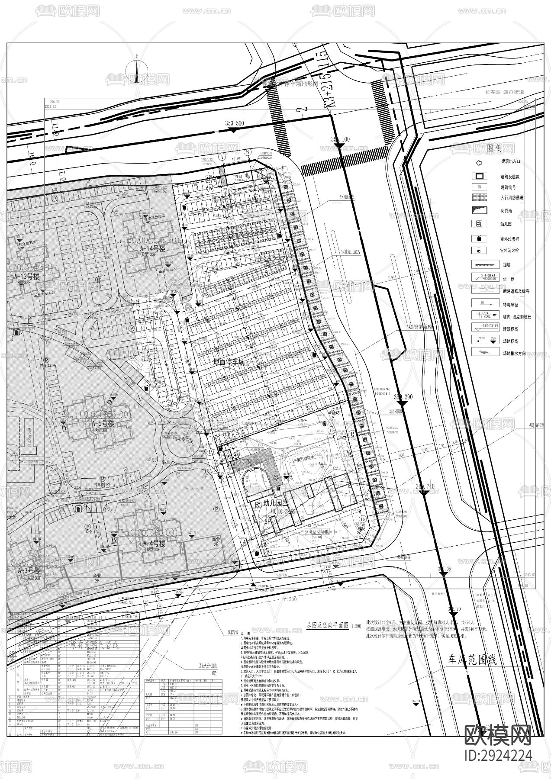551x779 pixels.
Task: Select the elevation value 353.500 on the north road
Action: point(235,123)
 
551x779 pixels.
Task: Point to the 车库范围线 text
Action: point(472,660)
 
